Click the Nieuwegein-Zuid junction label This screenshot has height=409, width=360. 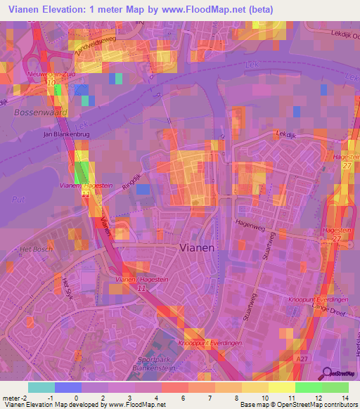(x=49, y=73)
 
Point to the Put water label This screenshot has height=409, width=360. (x=19, y=199)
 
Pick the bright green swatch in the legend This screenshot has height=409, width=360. (x=309, y=387)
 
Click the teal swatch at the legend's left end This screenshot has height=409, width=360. (x=41, y=387)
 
